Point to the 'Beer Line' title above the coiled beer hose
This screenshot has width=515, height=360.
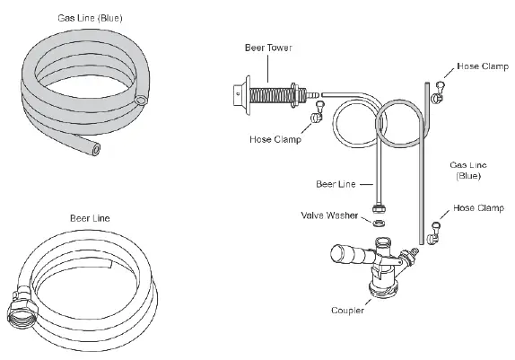pyautogui.click(x=90, y=216)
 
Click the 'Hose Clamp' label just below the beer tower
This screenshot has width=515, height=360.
pyautogui.click(x=275, y=139)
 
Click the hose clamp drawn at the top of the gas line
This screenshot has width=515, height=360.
pyautogui.click(x=439, y=89)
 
